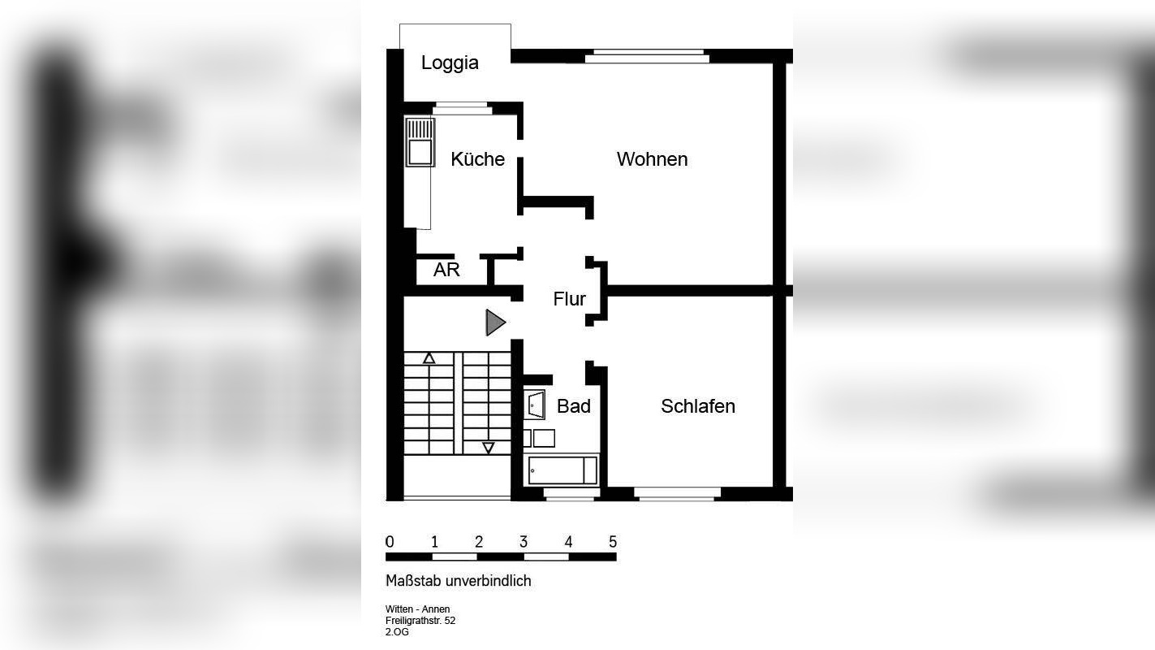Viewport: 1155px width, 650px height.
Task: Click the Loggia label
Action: tap(450, 63)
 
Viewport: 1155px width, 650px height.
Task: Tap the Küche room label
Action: tap(477, 159)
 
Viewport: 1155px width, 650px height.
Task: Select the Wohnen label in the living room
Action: tap(652, 159)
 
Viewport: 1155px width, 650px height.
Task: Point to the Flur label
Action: tap(569, 299)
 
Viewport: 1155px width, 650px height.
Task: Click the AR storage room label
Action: tap(446, 270)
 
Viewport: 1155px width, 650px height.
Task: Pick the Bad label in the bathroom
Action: tap(573, 406)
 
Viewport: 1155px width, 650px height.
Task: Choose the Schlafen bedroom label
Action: tap(697, 406)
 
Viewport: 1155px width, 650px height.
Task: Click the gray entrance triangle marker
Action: tap(494, 323)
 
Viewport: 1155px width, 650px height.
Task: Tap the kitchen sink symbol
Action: tap(420, 142)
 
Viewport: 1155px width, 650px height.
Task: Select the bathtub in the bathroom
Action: tap(562, 470)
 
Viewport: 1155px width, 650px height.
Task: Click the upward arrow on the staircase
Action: tap(429, 358)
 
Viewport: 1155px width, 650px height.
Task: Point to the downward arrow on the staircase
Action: tap(488, 447)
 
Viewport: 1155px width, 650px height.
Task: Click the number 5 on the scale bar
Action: tap(613, 542)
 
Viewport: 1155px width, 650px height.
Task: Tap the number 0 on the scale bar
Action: tap(390, 542)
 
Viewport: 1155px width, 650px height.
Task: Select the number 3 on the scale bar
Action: tap(524, 542)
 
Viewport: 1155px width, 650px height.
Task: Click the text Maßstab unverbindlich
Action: tap(458, 581)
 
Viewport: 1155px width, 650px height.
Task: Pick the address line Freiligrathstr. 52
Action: tap(420, 621)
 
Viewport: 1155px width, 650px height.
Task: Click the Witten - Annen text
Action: tap(417, 609)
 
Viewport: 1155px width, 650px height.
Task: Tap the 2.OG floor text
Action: tap(397, 632)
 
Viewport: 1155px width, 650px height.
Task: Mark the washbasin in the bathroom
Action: tap(535, 404)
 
